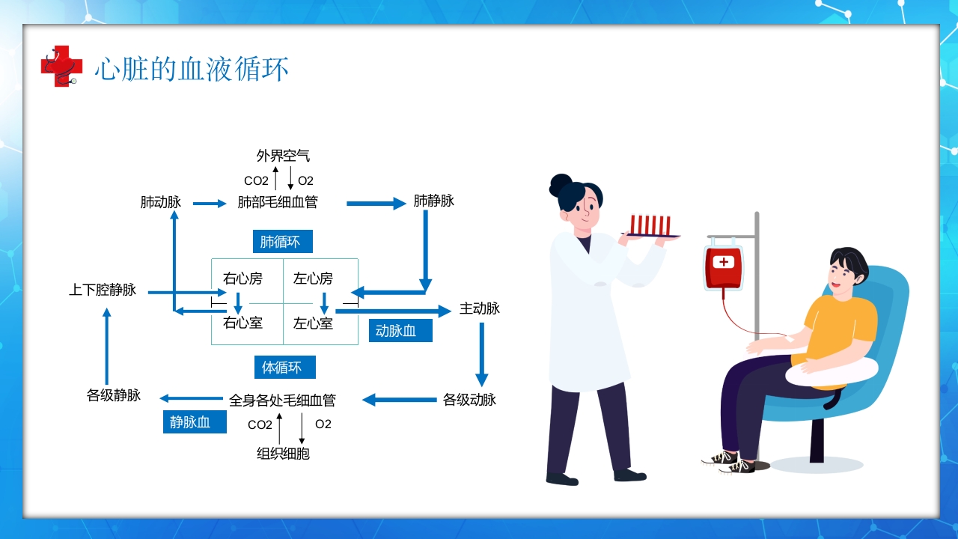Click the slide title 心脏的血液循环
coord(192,70)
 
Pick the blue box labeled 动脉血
coord(400,331)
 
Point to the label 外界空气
coord(283,156)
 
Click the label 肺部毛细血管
coord(278,202)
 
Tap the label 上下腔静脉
coord(103,290)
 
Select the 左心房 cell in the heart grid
coord(314,279)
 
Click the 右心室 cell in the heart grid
coord(243,323)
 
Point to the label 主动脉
coord(480,308)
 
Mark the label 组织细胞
coord(283,454)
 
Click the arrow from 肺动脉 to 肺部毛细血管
coord(209,203)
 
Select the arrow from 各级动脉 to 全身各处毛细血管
coord(399,400)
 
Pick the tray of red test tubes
coord(650,227)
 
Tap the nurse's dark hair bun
coord(561,183)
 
